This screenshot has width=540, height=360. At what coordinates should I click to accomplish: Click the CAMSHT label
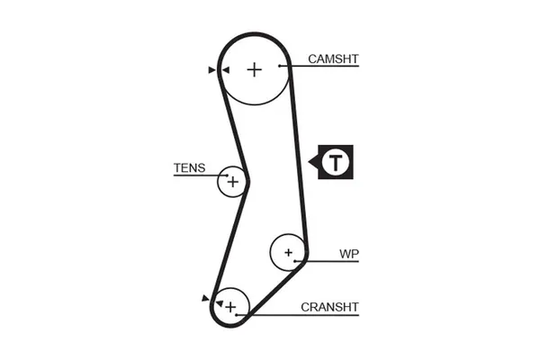[x=333, y=59]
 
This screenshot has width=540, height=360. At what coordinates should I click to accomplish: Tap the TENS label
[x=189, y=168]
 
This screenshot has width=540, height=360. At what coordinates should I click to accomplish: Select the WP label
[x=349, y=254]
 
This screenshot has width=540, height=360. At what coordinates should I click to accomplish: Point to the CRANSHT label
[x=330, y=307]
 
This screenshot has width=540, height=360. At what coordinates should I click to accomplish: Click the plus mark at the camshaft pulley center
[x=255, y=68]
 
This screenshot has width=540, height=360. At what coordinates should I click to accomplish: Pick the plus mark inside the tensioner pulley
[x=232, y=182]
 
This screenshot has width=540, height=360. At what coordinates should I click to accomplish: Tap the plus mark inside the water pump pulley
[x=288, y=252]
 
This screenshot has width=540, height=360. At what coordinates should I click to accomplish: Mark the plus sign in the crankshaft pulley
[x=230, y=308]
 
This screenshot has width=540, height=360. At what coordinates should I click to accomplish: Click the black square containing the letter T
[x=336, y=163]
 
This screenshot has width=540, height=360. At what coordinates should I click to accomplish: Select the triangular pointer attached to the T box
[x=313, y=163]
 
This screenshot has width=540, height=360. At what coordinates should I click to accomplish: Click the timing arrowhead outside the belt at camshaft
[x=211, y=68]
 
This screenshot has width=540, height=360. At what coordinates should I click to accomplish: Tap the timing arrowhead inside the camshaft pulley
[x=224, y=68]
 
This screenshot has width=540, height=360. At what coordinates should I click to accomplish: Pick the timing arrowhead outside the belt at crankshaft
[x=206, y=296]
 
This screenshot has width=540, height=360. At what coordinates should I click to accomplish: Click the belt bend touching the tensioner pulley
[x=248, y=181]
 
